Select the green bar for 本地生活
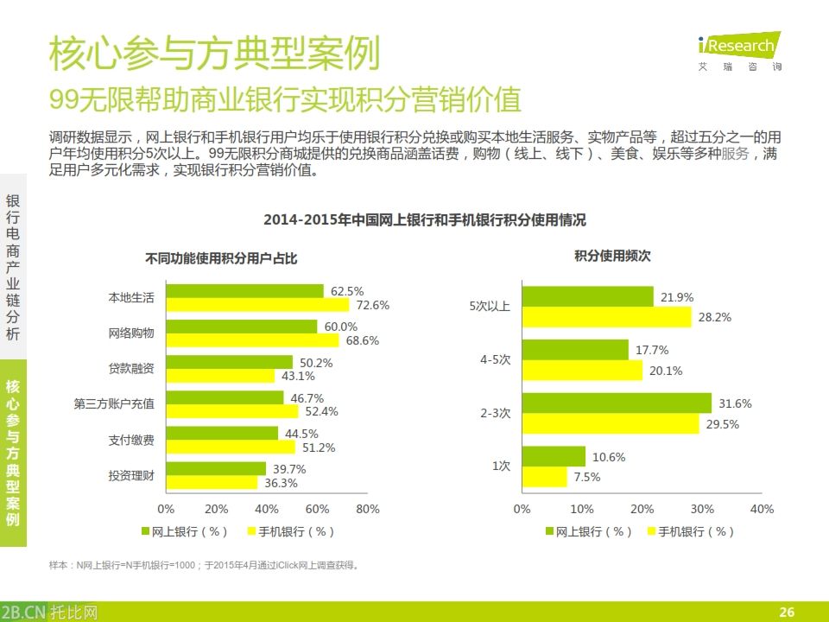(x=244, y=291)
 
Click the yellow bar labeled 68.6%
(x=252, y=340)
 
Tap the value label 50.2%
(x=316, y=363)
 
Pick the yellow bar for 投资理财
(x=212, y=483)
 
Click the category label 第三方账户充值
(x=114, y=403)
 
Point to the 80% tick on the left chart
(x=368, y=509)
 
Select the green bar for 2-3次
(x=617, y=403)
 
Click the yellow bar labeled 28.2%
(x=607, y=317)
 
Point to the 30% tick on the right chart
(x=702, y=509)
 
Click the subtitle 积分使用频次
(x=612, y=256)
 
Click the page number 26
(x=786, y=612)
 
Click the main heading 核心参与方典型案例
(x=214, y=55)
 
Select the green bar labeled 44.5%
(x=222, y=434)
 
